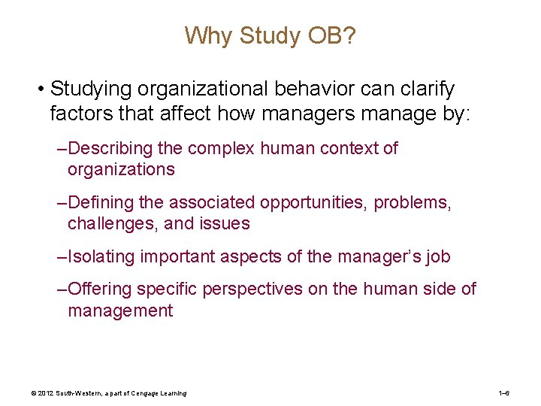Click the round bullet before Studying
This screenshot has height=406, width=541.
[x=39, y=90]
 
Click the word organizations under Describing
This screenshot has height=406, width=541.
[x=121, y=169]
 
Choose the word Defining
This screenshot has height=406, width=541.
[x=101, y=202]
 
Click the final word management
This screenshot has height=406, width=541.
[x=120, y=311]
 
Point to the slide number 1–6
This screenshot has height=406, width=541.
[x=504, y=393]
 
